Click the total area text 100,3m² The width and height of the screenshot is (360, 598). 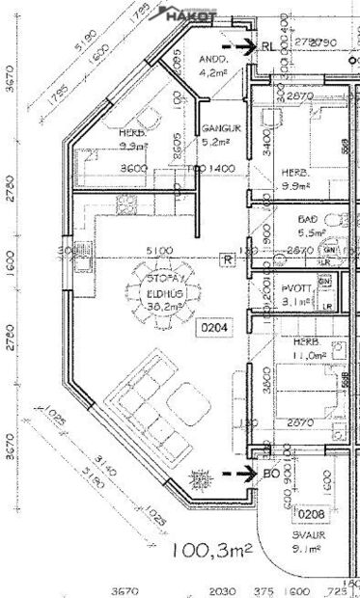pos(212,551)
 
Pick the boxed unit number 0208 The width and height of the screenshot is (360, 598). pos(309,513)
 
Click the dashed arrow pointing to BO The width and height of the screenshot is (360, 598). pos(236,474)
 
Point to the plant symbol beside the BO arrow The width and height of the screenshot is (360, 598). pos(201,476)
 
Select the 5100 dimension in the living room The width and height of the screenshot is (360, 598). pos(159,251)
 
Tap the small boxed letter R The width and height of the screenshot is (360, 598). pos(226,258)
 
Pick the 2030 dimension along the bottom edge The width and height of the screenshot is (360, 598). pos(221,590)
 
